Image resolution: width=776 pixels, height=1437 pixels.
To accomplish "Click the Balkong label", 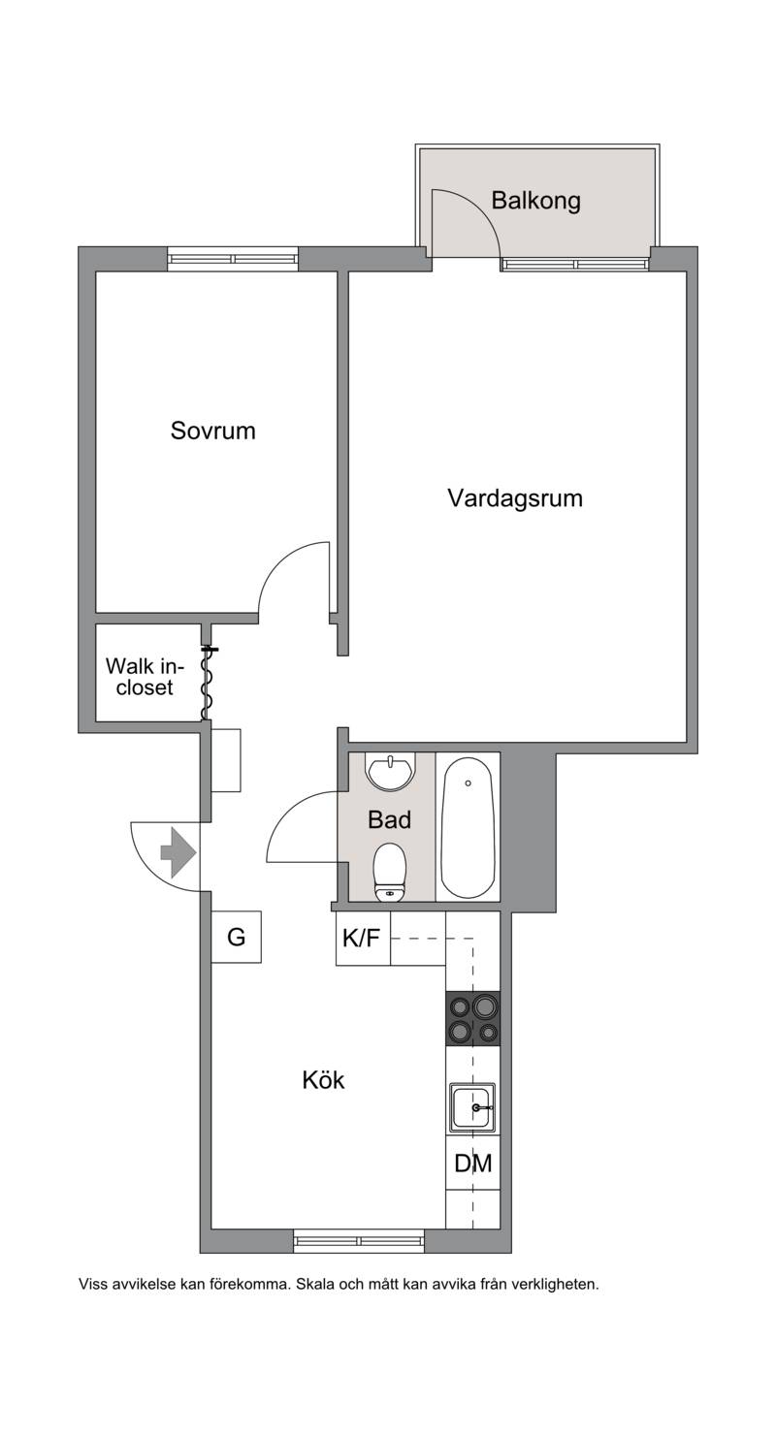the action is coord(536,202).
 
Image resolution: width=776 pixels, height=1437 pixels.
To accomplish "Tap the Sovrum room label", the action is coord(212,431).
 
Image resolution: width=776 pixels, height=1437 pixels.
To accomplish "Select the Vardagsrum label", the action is coord(515,498).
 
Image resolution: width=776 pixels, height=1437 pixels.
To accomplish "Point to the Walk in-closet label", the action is coord(145,676).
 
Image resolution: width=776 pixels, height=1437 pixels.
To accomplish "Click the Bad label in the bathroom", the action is coord(389,820).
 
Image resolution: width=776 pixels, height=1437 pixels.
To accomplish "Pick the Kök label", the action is coord(323,1080).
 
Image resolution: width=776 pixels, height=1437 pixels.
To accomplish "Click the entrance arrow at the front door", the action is coord(178,852).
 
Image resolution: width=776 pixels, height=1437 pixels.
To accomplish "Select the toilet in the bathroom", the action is coord(390,873).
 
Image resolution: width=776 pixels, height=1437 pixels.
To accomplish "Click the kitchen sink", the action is coord(472,1108).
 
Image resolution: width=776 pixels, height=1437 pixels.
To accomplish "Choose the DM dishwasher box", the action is coord(472,1163).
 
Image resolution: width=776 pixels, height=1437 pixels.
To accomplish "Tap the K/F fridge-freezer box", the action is coord(363,939).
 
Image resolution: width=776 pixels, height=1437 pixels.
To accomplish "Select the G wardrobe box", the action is coord(237,938).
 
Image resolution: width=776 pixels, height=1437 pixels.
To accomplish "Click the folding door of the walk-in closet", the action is coord(206,684).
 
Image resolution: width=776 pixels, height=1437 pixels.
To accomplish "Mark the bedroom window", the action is coord(234,259).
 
